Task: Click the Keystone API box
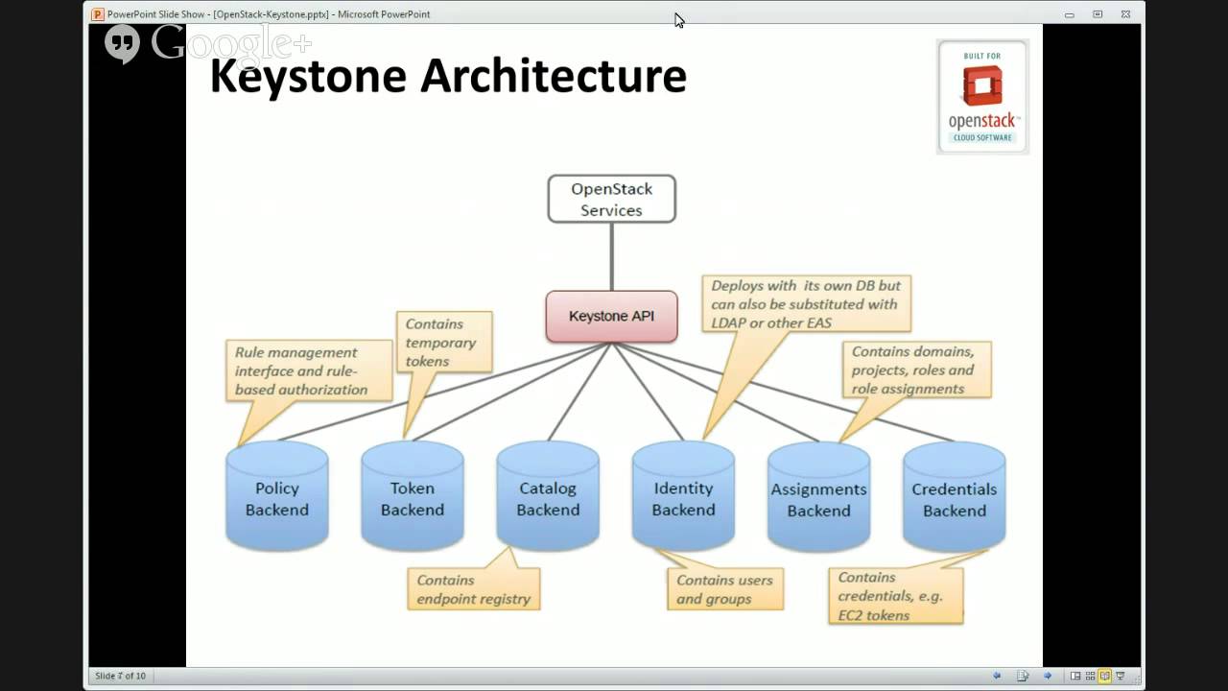pos(611,317)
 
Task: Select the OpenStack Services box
pos(611,200)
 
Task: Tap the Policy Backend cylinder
pos(277,498)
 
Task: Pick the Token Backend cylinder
pos(413,498)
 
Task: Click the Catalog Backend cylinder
pos(548,498)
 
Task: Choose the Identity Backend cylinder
pos(683,498)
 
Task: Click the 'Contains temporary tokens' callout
pos(443,343)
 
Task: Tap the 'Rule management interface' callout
pos(309,370)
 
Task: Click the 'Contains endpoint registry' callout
pos(474,589)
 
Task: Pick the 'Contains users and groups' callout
pos(725,589)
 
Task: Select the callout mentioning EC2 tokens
pos(895,596)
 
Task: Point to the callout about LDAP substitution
pos(806,304)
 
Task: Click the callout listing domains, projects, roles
pos(916,370)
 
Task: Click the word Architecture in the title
pos(554,77)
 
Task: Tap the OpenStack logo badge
pos(982,96)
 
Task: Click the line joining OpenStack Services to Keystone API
pos(611,256)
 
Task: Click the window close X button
pos(1125,14)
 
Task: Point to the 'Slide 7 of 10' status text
pos(121,676)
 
